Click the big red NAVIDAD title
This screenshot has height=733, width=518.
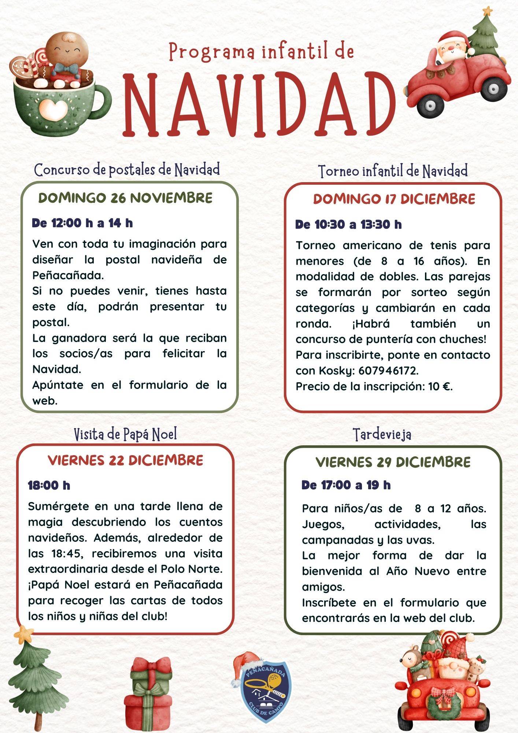click(x=259, y=104)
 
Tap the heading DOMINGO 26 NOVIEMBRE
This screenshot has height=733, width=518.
click(x=125, y=198)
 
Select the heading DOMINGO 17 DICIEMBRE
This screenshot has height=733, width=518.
click(x=394, y=199)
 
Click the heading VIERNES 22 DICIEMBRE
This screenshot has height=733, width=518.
click(x=125, y=460)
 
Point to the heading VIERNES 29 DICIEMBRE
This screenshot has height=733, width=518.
click(x=393, y=462)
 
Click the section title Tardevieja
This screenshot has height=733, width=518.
click(x=382, y=435)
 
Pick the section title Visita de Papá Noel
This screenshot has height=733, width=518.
click(x=125, y=434)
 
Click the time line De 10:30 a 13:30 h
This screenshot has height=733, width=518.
click(x=348, y=224)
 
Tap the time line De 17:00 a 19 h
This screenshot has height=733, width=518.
click(x=346, y=485)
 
